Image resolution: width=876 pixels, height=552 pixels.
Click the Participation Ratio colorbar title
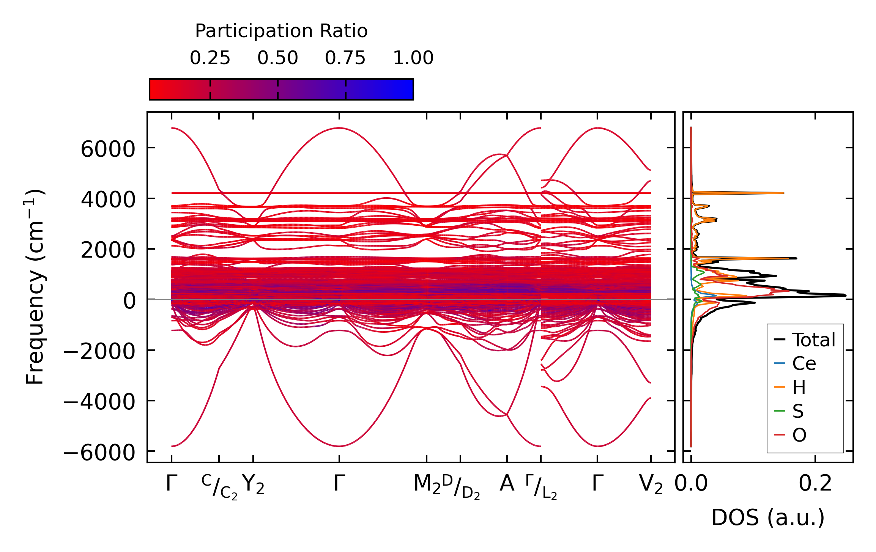point(281,31)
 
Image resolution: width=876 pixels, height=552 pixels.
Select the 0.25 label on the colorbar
point(210,58)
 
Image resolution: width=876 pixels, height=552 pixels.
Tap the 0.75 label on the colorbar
point(345,58)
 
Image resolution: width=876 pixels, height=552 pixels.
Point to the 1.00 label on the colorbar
point(413,58)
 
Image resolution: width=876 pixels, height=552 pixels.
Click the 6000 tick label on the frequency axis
point(108,149)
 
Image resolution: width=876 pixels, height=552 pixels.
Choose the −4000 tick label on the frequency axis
point(99,401)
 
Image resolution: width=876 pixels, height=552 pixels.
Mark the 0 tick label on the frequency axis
point(129,301)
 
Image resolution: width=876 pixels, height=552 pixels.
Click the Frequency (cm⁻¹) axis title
point(35,287)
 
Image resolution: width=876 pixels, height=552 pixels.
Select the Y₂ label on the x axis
point(253,485)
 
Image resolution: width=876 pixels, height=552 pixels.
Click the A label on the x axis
point(507,484)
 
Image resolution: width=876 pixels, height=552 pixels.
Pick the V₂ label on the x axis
point(651,485)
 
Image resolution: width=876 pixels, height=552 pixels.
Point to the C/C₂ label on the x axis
point(219,487)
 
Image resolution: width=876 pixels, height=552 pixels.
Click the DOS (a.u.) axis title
point(768,518)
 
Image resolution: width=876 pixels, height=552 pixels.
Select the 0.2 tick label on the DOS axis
point(815,484)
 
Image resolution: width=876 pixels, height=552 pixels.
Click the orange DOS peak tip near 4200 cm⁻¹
point(783,193)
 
